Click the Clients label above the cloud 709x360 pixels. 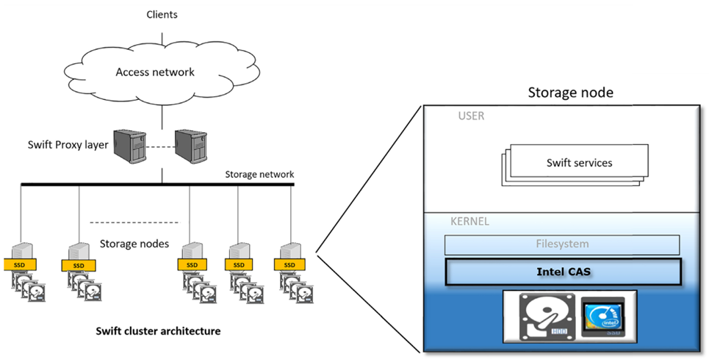pyautogui.click(x=162, y=15)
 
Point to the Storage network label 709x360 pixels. pyautogui.click(x=260, y=174)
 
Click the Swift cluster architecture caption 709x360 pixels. pyautogui.click(x=158, y=331)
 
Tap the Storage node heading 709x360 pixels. pyautogui.click(x=570, y=93)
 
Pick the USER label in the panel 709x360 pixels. pyautogui.click(x=471, y=116)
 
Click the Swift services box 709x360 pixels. pyautogui.click(x=579, y=162)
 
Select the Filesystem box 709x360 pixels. pyautogui.click(x=561, y=244)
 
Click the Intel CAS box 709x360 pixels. pyautogui.click(x=564, y=271)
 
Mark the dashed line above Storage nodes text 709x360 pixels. pyautogui.click(x=134, y=221)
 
